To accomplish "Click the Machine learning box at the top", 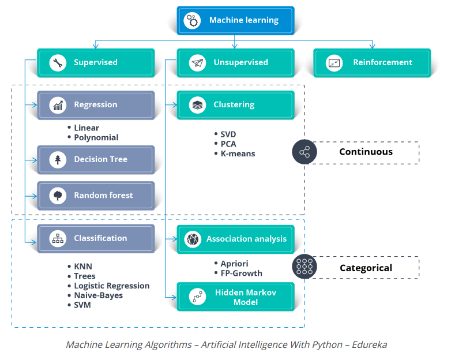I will (235, 20).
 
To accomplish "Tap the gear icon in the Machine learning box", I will (191, 20).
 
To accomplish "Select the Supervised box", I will (96, 62).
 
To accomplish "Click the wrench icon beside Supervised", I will (58, 62).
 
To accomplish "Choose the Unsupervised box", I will (235, 62).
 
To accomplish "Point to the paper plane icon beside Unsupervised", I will (198, 62).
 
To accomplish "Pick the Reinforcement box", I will (372, 62).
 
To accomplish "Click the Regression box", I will (96, 105).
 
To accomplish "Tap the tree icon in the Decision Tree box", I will (58, 159).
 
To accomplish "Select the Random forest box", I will (96, 196).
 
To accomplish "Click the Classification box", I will (96, 238).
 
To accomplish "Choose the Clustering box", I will (235, 105).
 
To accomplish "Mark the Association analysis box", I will (235, 238).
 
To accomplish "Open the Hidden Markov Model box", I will (235, 297).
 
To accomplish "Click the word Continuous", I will (366, 152).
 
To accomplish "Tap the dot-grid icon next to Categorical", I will (304, 267).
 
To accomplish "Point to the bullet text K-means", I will (238, 153).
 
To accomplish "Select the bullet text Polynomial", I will (96, 137).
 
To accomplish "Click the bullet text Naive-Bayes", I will (98, 295).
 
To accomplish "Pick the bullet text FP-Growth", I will (241, 273).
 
